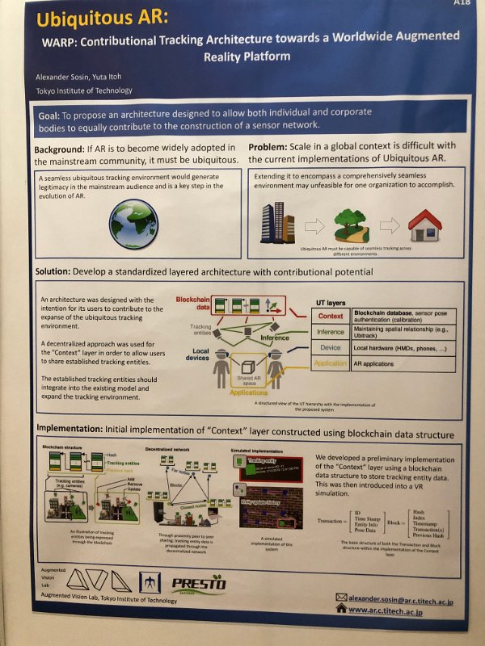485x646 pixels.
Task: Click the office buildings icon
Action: (277, 220)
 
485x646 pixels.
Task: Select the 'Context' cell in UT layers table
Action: (331, 316)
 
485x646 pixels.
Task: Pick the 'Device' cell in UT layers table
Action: (330, 347)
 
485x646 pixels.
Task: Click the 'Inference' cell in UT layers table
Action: (330, 332)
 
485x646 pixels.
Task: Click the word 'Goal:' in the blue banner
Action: (53, 116)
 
